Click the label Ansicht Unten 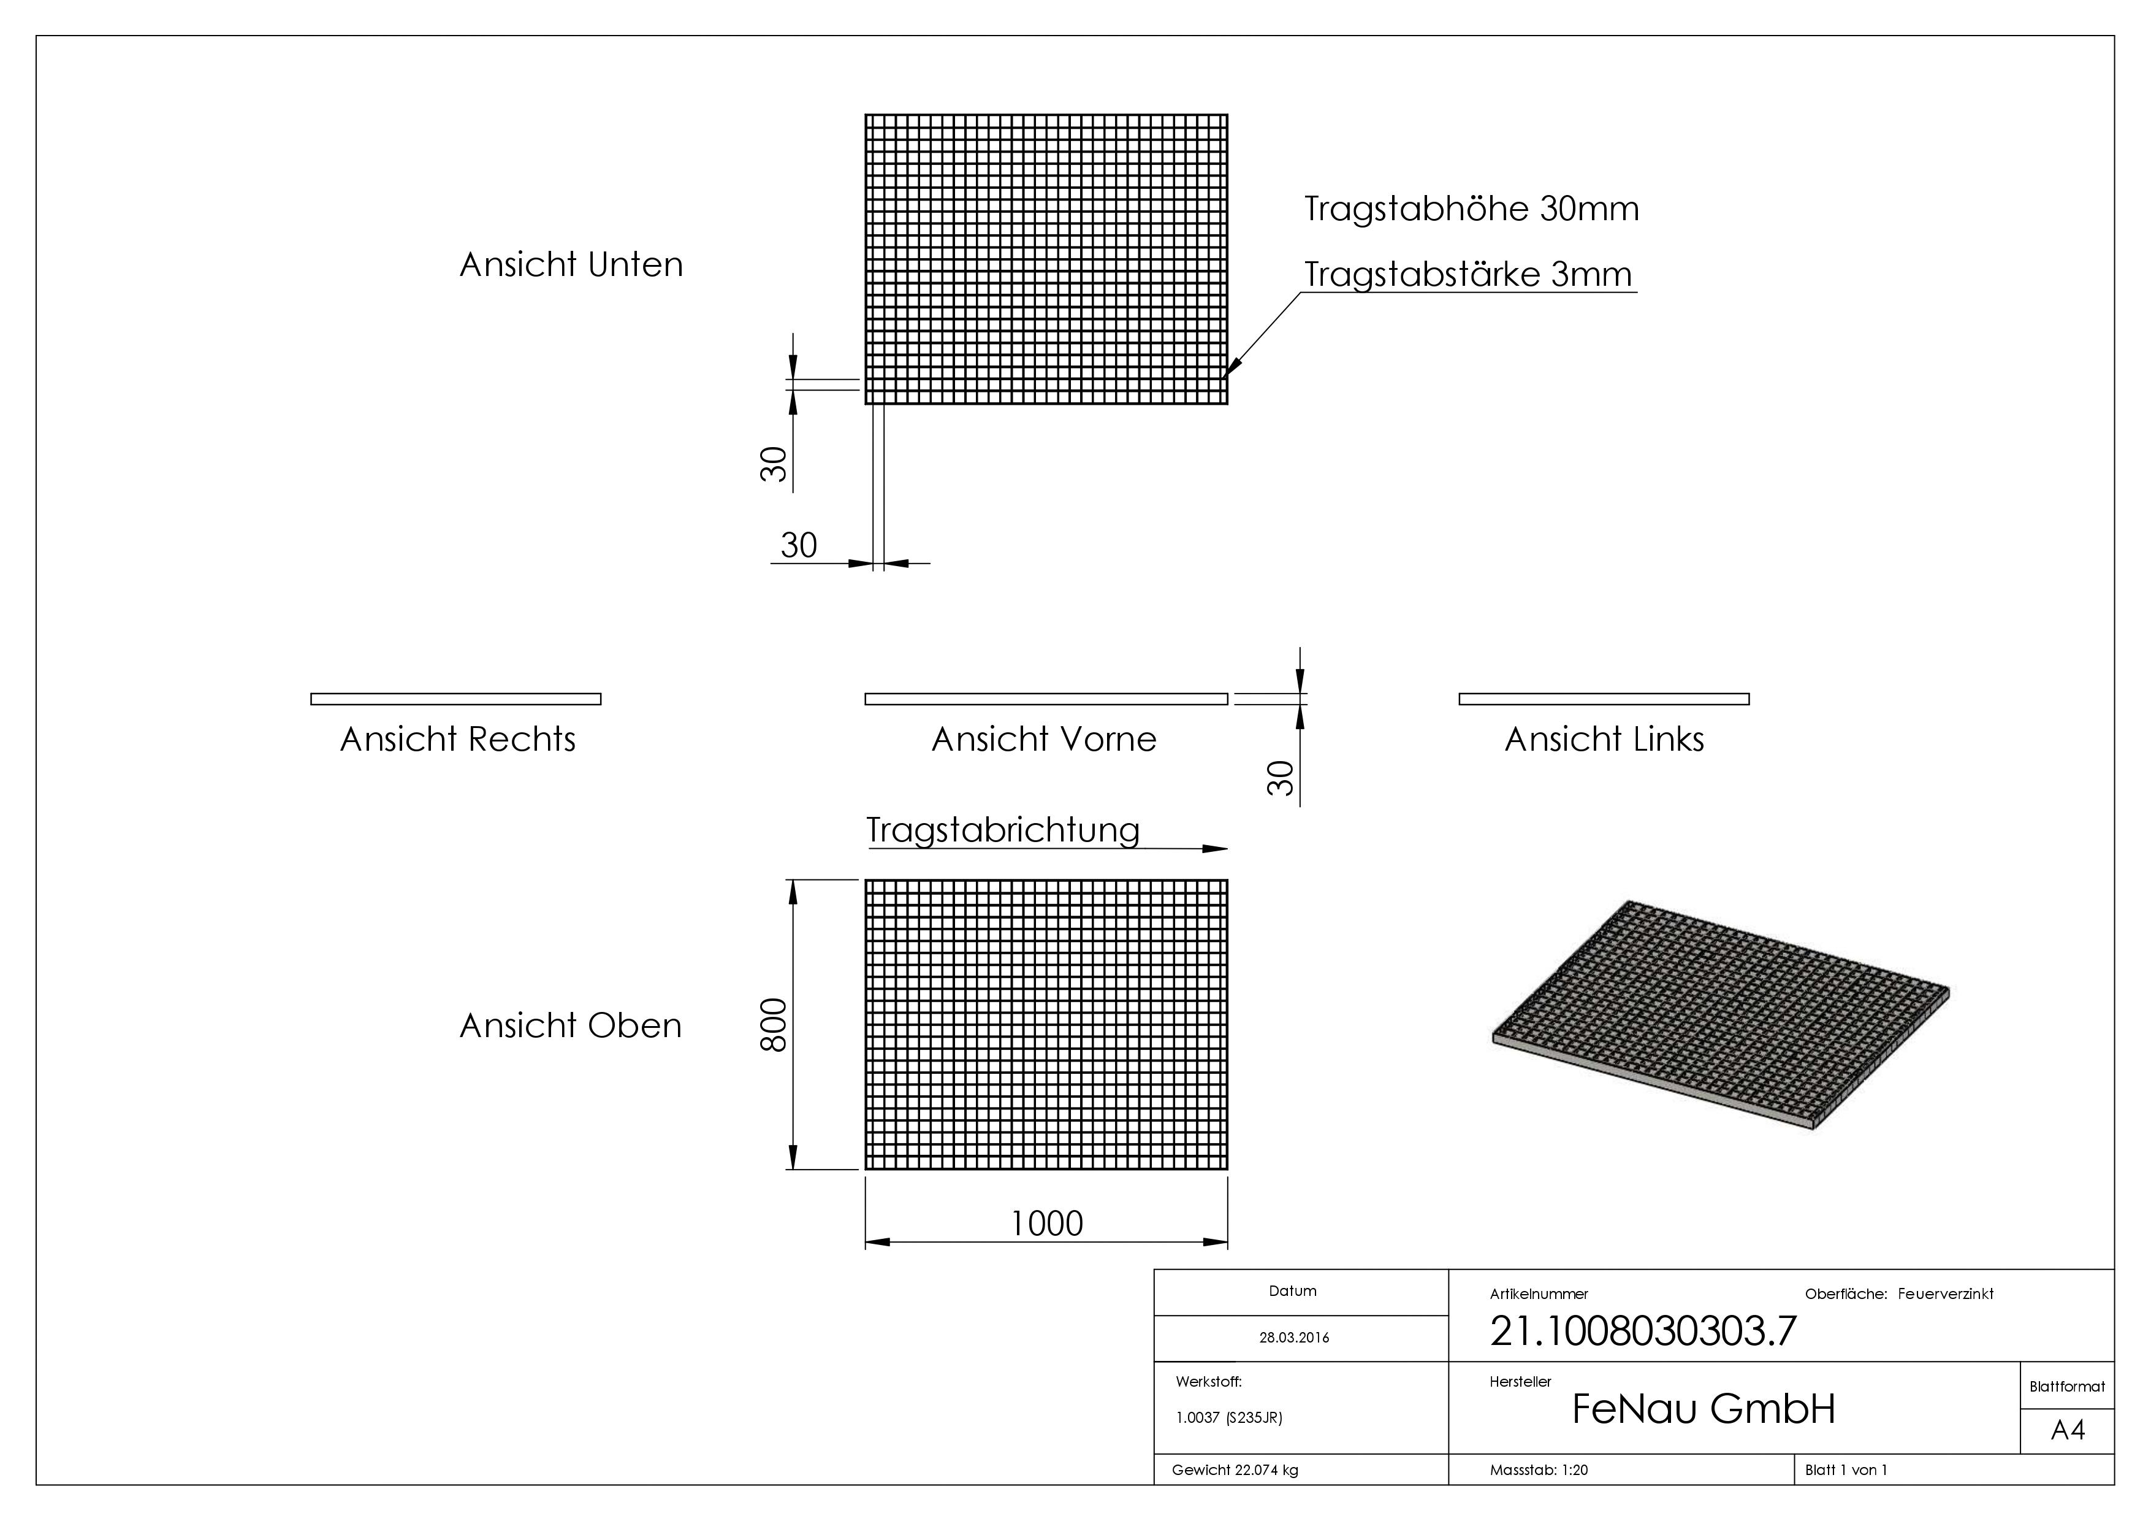(x=571, y=265)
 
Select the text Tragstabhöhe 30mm (x=1472, y=208)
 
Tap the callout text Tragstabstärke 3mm (x=1468, y=275)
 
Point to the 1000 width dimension (x=1046, y=1223)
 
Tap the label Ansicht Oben (x=571, y=1026)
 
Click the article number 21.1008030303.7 (x=1643, y=1331)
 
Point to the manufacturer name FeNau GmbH (x=1703, y=1409)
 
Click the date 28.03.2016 (x=1294, y=1338)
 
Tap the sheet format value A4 (x=2068, y=1431)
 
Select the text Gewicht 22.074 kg (x=1235, y=1470)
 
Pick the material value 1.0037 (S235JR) (x=1229, y=1418)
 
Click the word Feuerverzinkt (x=1946, y=1294)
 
